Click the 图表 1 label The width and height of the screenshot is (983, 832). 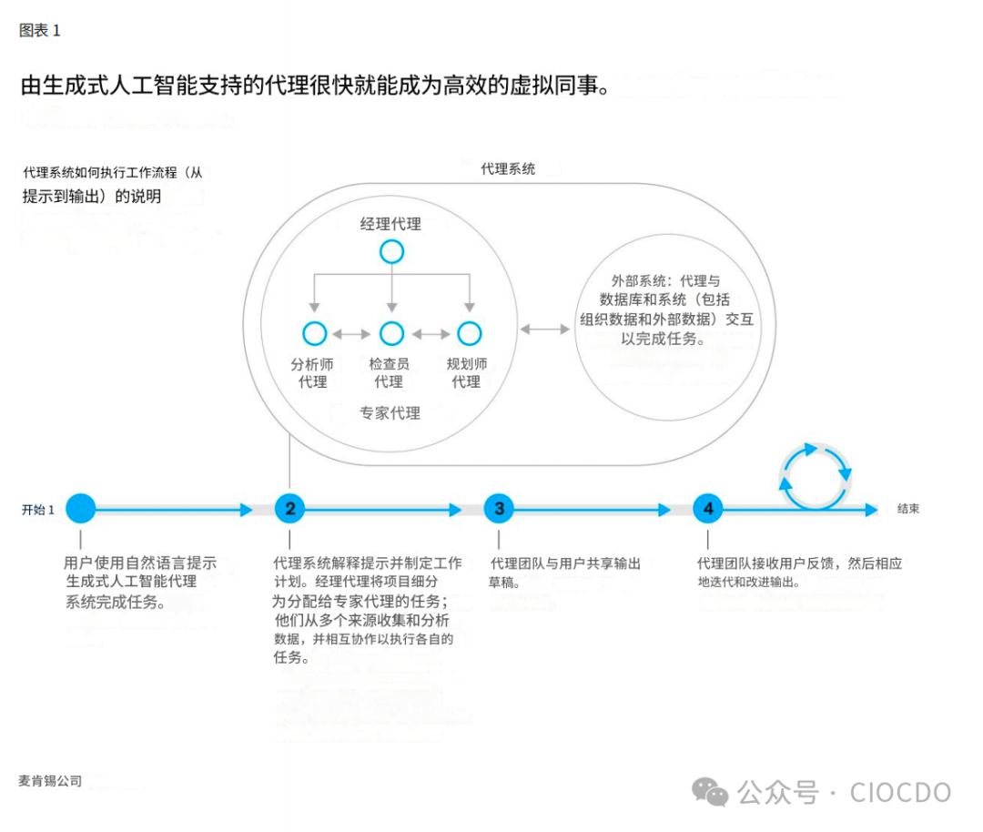39,30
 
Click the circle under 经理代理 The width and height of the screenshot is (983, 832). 391,252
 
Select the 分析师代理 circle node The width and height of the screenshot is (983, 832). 314,334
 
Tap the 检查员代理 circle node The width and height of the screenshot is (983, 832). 391,334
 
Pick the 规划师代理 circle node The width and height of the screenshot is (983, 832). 469,334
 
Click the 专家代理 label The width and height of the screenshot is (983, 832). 390,413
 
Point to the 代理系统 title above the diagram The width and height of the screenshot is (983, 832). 508,168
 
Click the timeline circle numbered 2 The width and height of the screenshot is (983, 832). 289,509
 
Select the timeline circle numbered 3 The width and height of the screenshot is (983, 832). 499,509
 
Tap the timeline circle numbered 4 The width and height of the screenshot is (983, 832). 708,509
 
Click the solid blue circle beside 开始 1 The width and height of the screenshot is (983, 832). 80,509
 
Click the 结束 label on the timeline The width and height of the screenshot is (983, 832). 908,509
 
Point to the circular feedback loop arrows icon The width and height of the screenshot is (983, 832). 816,475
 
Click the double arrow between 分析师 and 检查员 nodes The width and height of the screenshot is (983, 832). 353,334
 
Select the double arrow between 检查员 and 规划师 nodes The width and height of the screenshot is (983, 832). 431,334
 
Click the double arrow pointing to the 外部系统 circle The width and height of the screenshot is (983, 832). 544,328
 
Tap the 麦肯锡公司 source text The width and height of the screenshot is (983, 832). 50,781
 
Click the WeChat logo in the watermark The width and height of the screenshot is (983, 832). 710,792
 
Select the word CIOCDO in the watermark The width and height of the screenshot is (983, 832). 900,792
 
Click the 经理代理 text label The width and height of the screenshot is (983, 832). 390,224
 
